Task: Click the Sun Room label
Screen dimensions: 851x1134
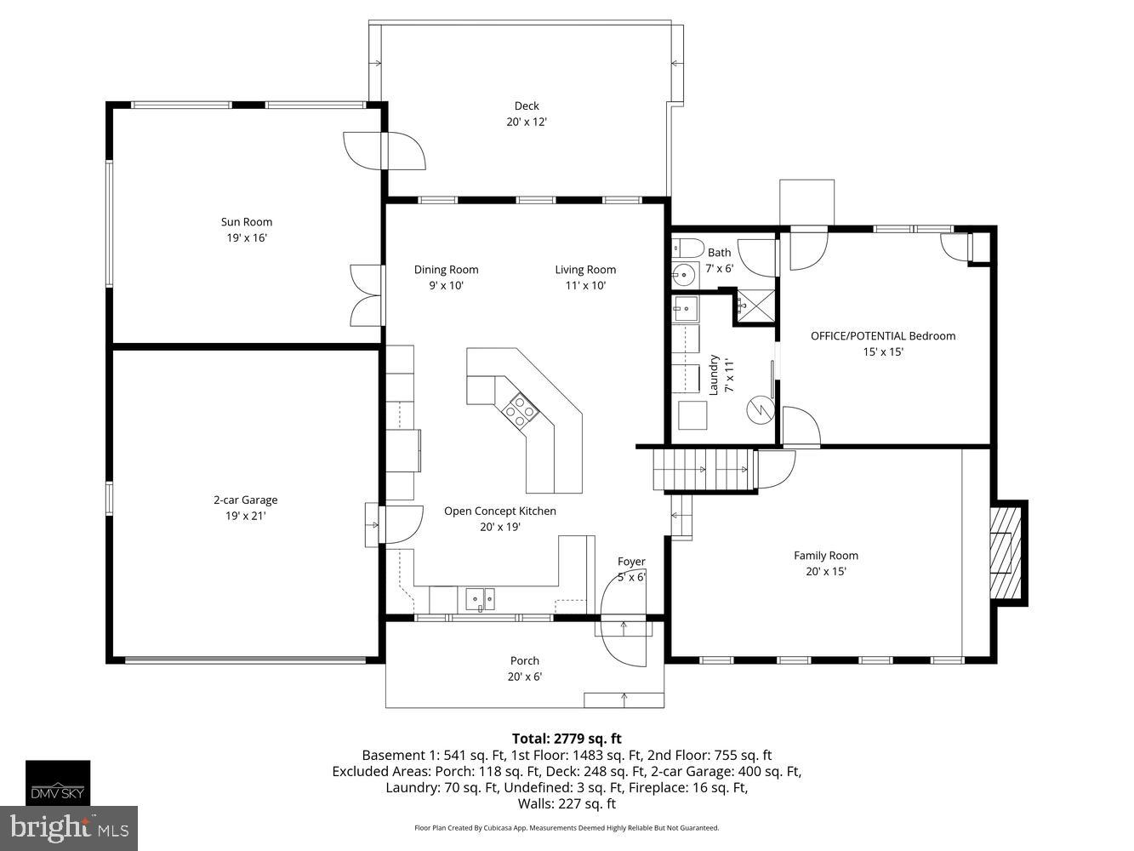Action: (247, 222)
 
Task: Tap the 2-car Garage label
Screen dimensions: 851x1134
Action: (245, 500)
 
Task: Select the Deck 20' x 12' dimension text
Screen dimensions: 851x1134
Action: (527, 122)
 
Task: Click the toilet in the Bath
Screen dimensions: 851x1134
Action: (688, 248)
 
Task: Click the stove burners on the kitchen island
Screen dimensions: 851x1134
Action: (520, 413)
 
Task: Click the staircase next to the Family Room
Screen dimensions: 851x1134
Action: (704, 469)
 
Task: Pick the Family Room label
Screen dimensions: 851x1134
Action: (825, 556)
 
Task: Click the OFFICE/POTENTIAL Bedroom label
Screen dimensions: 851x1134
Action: (882, 336)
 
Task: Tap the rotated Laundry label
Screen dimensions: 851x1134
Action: (715, 374)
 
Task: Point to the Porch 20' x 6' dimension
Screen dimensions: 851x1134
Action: (525, 677)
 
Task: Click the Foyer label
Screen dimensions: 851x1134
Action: (631, 562)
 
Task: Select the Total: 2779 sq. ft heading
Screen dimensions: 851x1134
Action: (567, 739)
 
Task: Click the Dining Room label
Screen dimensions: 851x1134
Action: (446, 270)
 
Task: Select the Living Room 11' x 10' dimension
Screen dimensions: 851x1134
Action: (585, 286)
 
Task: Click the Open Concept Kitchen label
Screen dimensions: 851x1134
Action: (500, 511)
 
